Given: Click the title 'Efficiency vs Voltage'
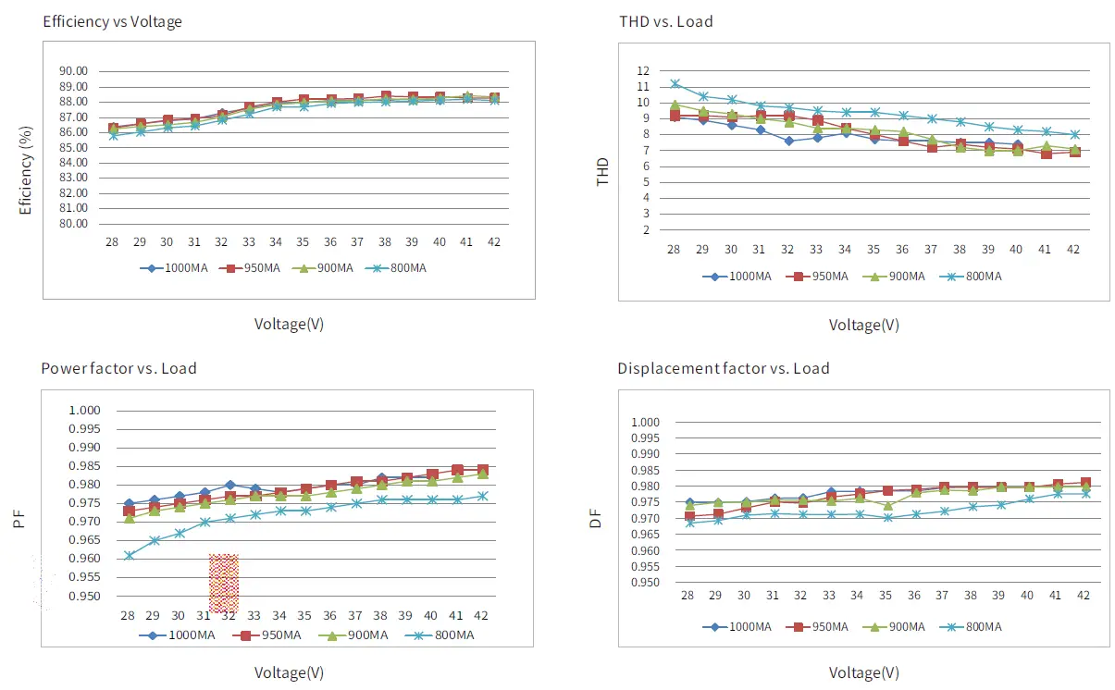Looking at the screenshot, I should tap(112, 22).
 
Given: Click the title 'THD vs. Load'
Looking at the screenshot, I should tap(665, 21).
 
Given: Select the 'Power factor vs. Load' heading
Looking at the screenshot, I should tap(118, 368).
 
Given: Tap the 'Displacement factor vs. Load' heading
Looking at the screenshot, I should tap(724, 368).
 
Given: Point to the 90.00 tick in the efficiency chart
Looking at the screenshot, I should tap(72, 71).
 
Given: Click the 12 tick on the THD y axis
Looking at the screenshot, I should tap(643, 71).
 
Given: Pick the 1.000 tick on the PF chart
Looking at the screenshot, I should tap(92, 411).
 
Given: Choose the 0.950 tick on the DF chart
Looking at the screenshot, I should tap(645, 583).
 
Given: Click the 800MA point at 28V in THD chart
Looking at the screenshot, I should tap(675, 84).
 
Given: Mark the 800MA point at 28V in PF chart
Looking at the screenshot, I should tap(130, 555).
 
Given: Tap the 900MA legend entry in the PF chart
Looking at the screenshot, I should tap(354, 635).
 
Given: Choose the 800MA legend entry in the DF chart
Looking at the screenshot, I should tap(973, 626).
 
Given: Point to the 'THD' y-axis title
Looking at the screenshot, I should tap(603, 172).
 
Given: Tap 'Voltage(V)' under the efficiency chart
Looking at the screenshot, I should tap(289, 324).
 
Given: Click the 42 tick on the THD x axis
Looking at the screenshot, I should tap(1073, 251).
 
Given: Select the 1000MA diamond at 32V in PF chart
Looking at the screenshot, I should tap(229, 485).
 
